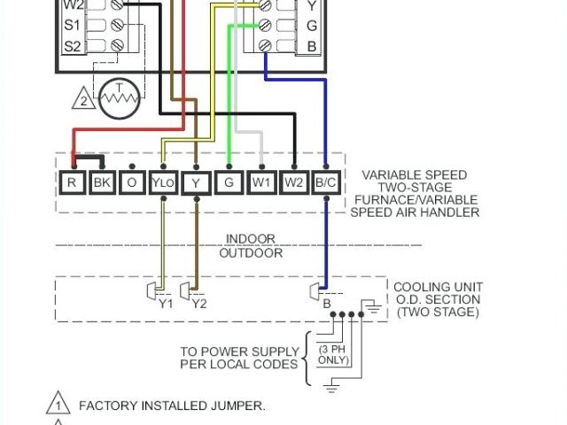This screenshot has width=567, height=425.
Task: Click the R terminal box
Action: (x=72, y=183)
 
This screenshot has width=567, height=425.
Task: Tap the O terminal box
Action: (x=132, y=183)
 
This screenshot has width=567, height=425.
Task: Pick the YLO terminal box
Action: (x=163, y=183)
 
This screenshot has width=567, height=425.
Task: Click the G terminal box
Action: (x=229, y=183)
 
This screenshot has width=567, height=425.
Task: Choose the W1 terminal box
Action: (x=261, y=183)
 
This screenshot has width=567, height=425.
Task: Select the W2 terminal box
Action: (x=293, y=183)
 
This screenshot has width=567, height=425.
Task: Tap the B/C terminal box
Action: (x=325, y=183)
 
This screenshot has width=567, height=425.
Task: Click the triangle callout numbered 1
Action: (x=58, y=405)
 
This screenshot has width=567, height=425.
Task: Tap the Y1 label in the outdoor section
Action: (x=167, y=304)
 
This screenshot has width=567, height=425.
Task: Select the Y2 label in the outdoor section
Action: (x=199, y=304)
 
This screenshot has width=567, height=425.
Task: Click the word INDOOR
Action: (x=250, y=239)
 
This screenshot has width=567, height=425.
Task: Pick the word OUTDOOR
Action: (x=251, y=253)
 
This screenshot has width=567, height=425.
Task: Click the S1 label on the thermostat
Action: (x=74, y=24)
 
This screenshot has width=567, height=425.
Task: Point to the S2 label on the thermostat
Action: (x=74, y=45)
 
